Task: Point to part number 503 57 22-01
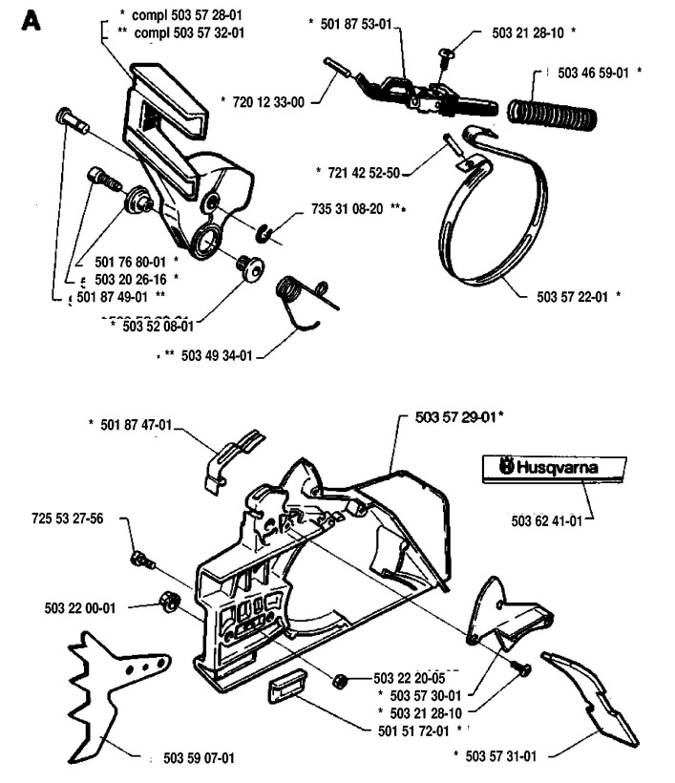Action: coord(575,296)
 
